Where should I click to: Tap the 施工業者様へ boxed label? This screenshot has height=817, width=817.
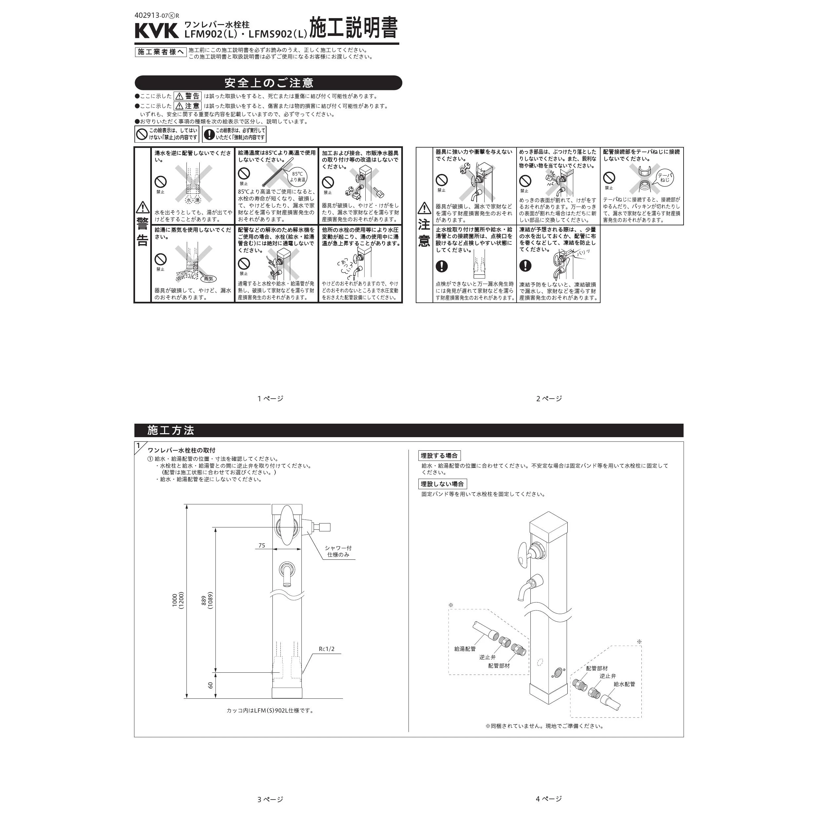pyautogui.click(x=161, y=52)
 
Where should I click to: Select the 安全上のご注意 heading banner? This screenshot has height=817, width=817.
pyautogui.click(x=268, y=82)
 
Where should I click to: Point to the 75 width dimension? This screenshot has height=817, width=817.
pyautogui.click(x=262, y=545)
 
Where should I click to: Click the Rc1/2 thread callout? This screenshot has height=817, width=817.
pyautogui.click(x=326, y=649)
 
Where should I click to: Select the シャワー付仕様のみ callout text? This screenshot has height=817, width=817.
pyautogui.click(x=338, y=551)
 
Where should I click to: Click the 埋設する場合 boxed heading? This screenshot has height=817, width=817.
pyautogui.click(x=440, y=455)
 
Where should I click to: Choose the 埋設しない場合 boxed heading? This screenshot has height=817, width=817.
pyautogui.click(x=443, y=484)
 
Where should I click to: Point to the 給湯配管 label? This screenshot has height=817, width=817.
pyautogui.click(x=465, y=649)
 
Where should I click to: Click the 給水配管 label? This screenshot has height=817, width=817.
pyautogui.click(x=625, y=684)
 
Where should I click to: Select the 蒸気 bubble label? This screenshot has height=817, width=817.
pyautogui.click(x=209, y=279)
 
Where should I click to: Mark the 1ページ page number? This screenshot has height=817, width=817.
pyautogui.click(x=271, y=398)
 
